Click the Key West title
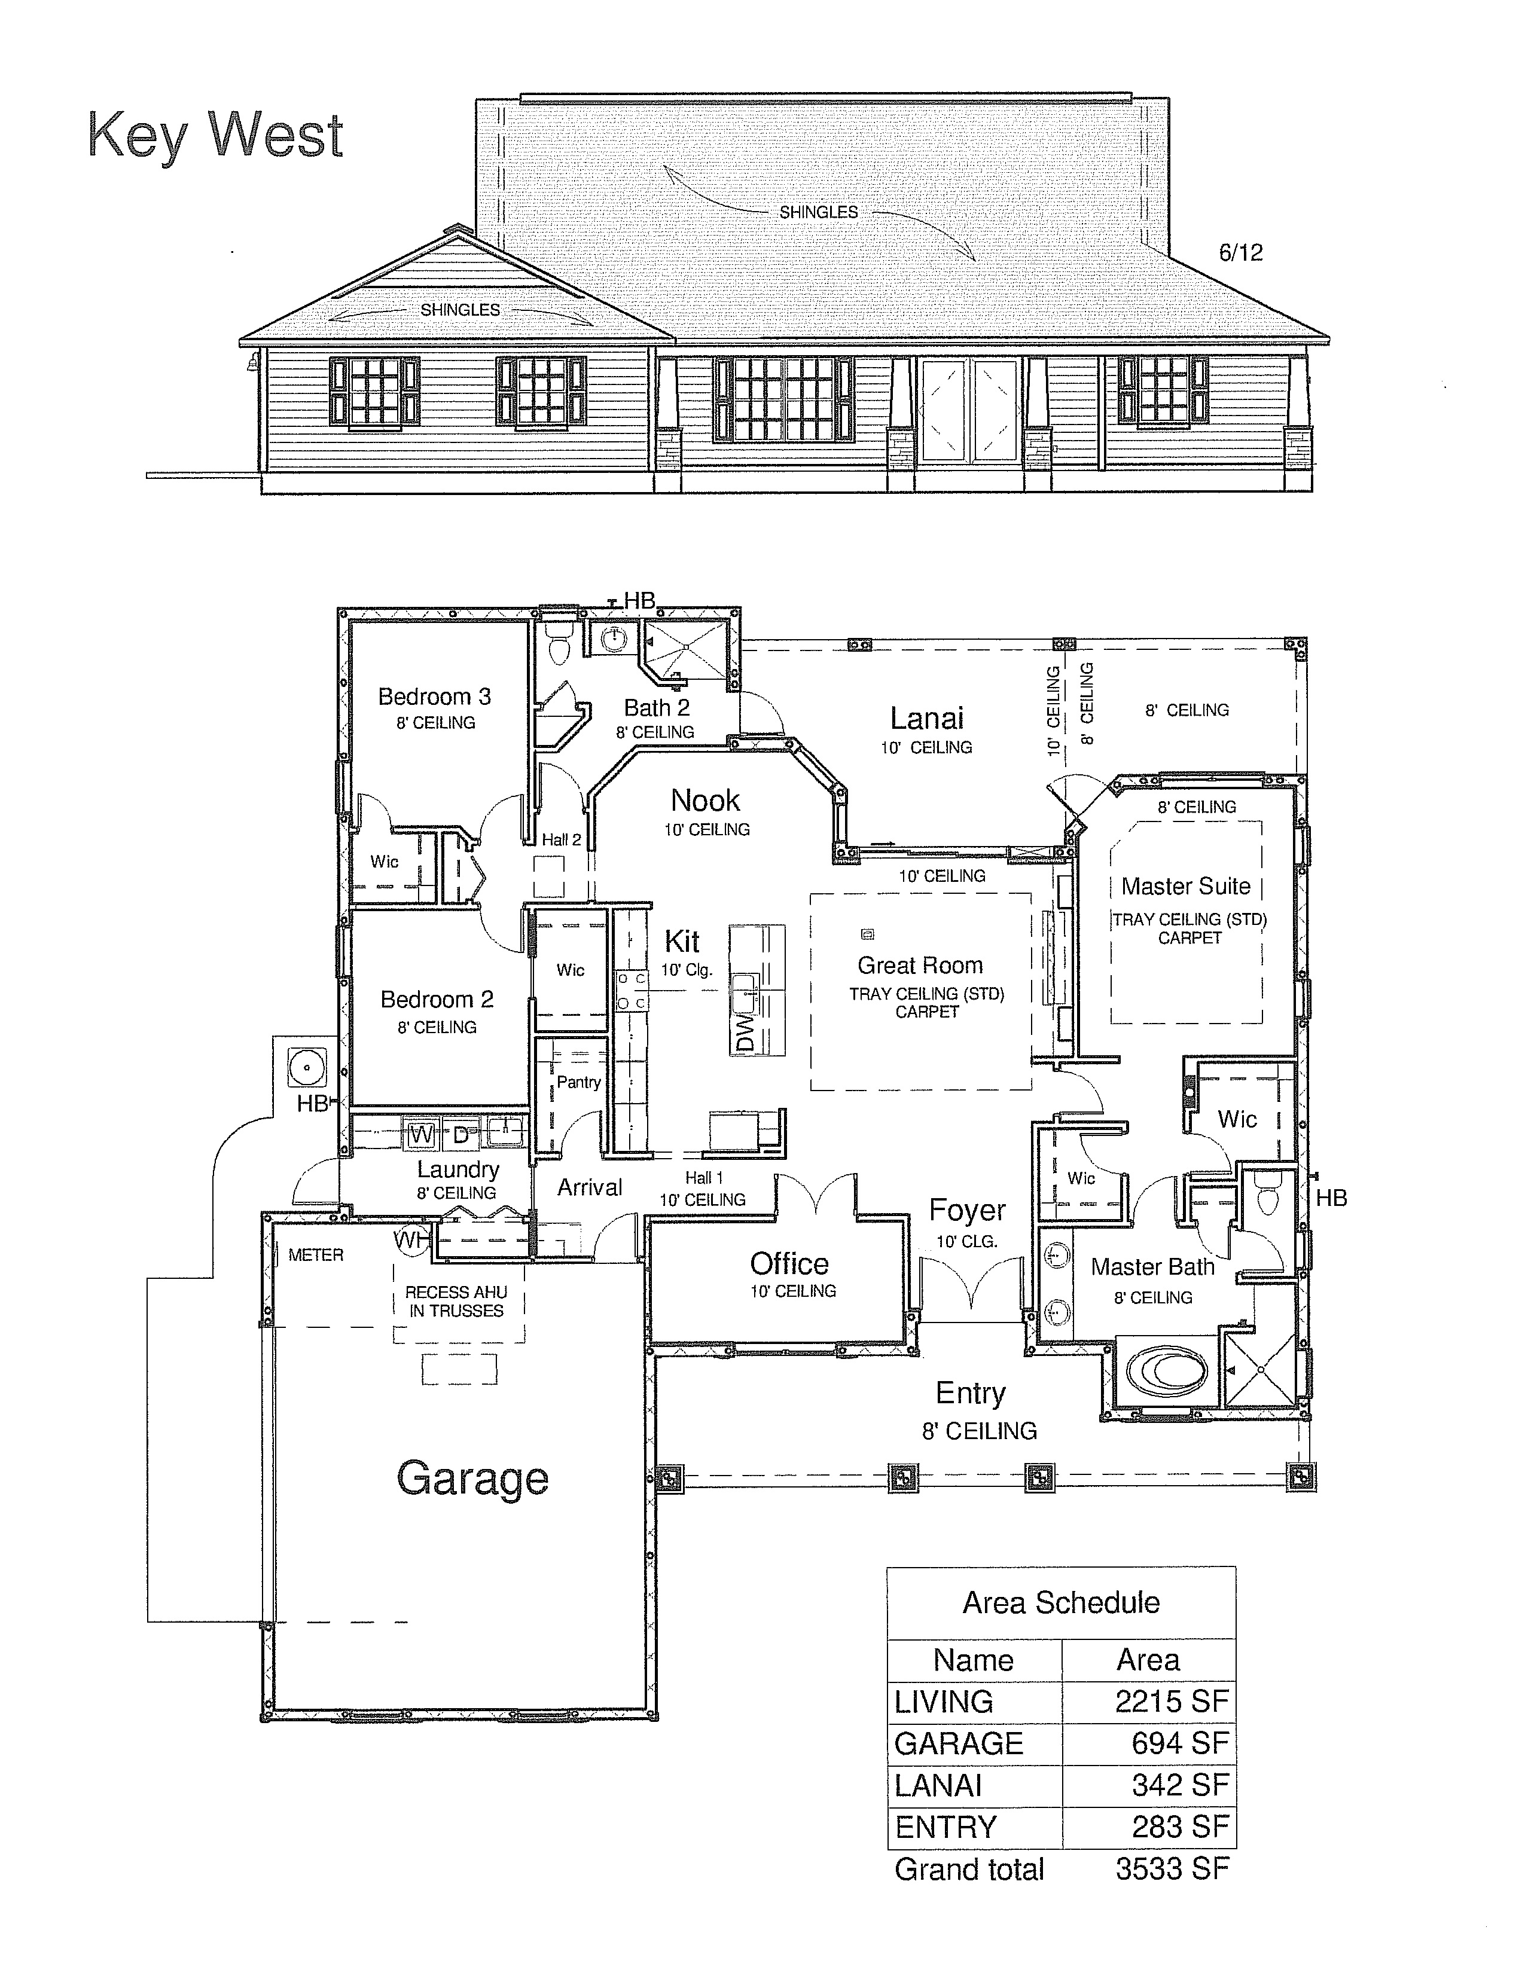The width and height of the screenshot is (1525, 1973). point(215,136)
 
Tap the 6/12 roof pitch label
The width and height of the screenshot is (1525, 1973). point(1240,253)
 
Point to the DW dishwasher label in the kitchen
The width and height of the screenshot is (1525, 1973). point(745,1033)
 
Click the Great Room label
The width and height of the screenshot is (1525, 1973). point(920,965)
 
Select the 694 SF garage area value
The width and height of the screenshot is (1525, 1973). point(1181,1743)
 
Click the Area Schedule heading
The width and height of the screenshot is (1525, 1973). point(1062,1602)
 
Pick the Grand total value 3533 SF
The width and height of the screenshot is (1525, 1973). point(1172,1868)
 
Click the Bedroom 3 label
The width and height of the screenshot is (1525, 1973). point(435,697)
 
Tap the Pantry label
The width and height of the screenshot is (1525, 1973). point(578,1082)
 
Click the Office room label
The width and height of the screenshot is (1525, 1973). point(789,1264)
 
